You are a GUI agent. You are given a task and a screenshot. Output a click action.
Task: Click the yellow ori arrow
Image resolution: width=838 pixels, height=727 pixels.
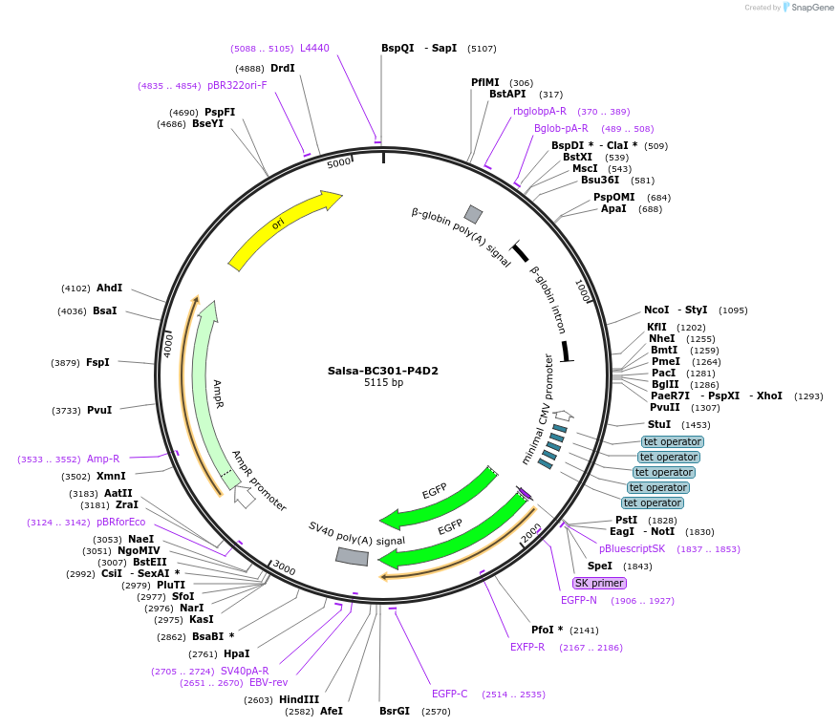click(x=283, y=229)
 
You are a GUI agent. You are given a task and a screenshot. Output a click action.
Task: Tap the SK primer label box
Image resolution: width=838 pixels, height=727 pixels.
click(x=599, y=583)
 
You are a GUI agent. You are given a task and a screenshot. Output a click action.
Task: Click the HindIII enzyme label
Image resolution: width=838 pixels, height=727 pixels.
click(x=299, y=699)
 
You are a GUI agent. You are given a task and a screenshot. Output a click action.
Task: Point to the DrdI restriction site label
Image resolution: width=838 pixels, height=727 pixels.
click(x=282, y=68)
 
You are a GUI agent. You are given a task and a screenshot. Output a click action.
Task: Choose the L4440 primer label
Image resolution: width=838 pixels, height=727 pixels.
click(x=314, y=48)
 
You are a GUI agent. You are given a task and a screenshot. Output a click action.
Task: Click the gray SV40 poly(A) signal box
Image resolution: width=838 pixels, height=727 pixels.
click(x=352, y=556)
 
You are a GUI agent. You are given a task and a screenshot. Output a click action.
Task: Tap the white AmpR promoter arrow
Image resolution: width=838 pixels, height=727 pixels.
click(x=245, y=497)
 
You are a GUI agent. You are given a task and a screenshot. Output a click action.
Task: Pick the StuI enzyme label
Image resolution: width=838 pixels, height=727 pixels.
click(x=659, y=424)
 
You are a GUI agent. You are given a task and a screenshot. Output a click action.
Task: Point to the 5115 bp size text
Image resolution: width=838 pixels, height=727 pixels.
click(x=384, y=383)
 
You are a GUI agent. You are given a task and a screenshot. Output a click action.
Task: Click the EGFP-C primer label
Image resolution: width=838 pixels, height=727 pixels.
click(x=449, y=694)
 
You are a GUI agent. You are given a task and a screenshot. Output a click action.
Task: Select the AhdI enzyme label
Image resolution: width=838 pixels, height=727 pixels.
click(x=109, y=288)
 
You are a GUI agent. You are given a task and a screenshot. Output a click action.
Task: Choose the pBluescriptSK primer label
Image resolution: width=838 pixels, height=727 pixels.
click(x=632, y=548)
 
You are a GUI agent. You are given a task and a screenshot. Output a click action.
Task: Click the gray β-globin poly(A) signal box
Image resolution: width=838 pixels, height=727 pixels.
click(x=473, y=214)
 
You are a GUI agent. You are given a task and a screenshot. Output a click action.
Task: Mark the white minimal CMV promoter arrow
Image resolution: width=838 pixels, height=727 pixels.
click(x=564, y=416)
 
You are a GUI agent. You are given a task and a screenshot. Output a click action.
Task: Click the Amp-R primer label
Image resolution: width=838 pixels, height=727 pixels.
click(x=103, y=459)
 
